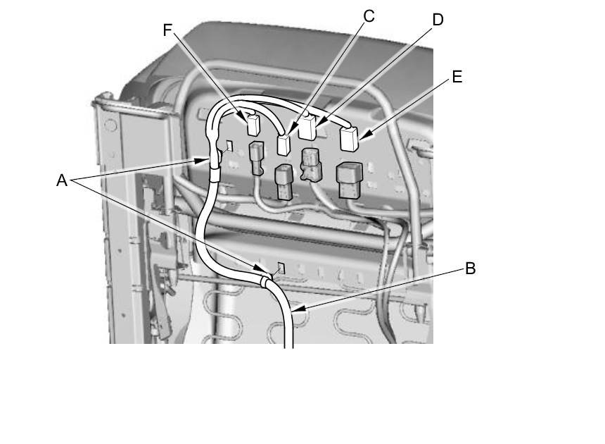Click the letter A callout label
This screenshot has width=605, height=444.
(x=62, y=180)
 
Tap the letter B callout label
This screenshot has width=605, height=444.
(x=471, y=269)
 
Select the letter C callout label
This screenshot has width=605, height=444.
(x=369, y=16)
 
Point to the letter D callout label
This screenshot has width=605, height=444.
(x=438, y=20)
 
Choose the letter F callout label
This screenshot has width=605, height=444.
(x=167, y=30)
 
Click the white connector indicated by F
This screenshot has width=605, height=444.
(x=252, y=125)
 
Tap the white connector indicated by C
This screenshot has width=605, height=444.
(x=284, y=145)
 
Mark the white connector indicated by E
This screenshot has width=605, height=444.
(x=350, y=139)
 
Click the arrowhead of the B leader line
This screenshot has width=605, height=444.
(x=291, y=309)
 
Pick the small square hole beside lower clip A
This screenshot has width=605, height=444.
(x=279, y=267)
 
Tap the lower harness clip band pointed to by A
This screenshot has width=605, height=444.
(x=265, y=282)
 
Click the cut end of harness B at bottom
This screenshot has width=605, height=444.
(x=289, y=345)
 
